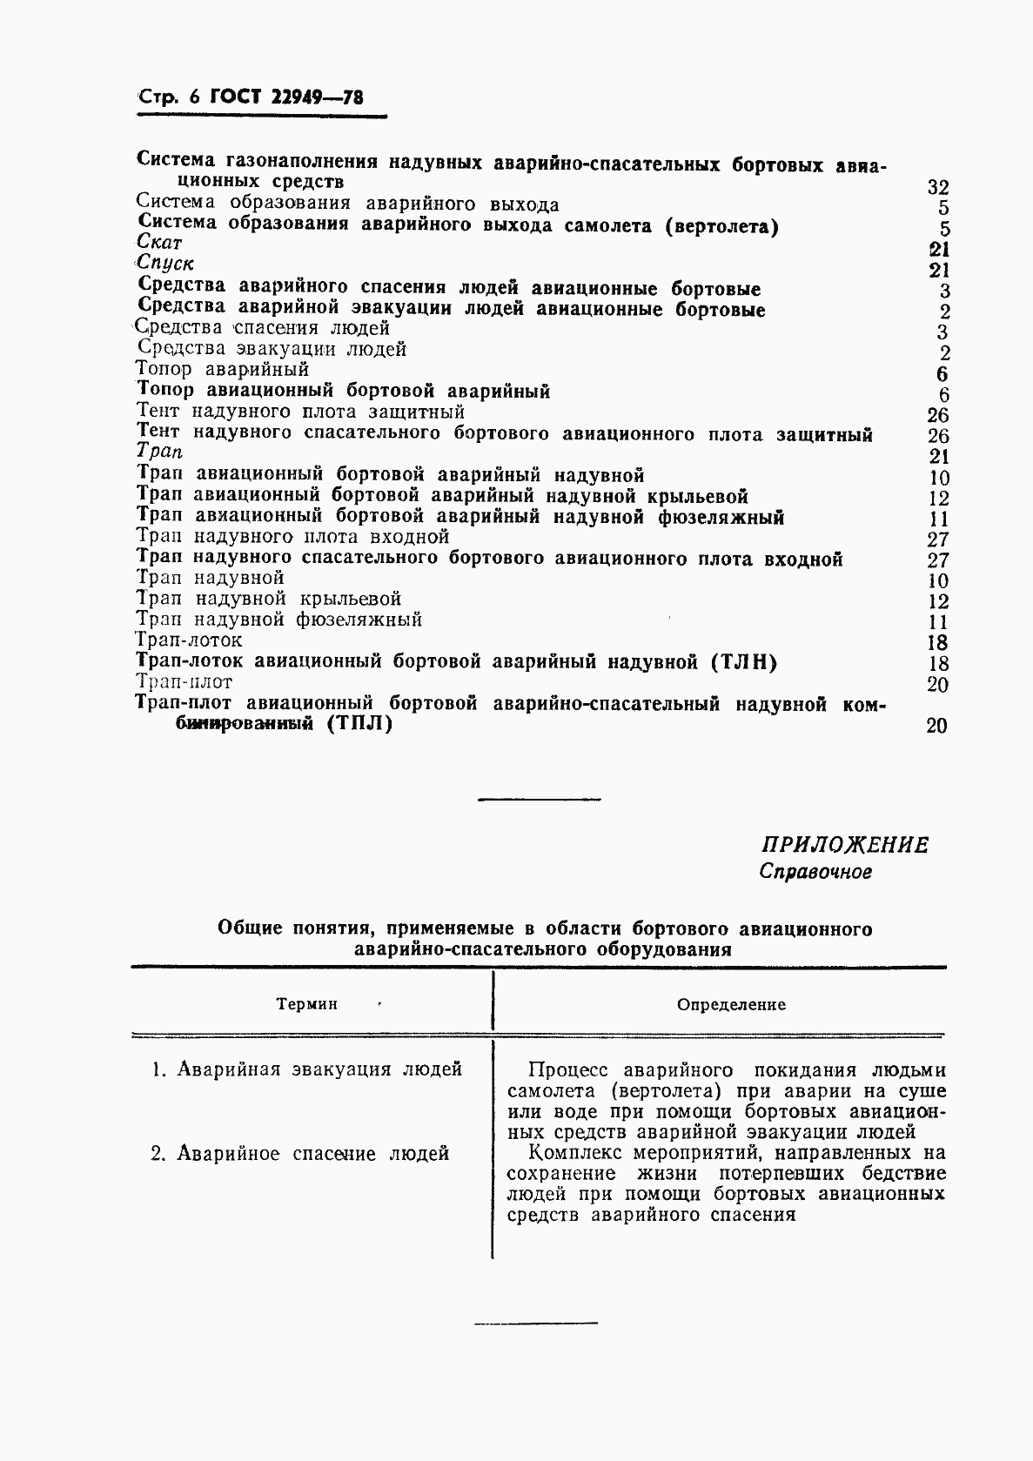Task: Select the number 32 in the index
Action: pos(937,187)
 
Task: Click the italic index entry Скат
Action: pos(160,244)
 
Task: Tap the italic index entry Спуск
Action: pos(165,264)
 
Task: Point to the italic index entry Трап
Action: pos(160,452)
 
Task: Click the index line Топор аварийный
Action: pos(223,370)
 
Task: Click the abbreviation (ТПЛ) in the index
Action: pos(360,724)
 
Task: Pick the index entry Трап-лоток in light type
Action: pos(190,640)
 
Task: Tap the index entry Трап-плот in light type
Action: pos(184,682)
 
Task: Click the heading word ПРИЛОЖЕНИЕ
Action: pos(845,845)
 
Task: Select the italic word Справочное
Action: pos(815,871)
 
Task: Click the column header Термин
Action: pos(306,1004)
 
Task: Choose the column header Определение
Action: pos(731,1005)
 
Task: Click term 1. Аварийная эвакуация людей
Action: pos(306,1069)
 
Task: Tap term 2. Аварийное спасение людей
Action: pos(300,1154)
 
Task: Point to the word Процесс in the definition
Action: pos(569,1070)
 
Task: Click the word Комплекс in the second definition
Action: pos(580,1154)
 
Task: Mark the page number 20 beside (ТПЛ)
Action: pos(936,725)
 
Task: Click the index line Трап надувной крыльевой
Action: pos(269,600)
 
